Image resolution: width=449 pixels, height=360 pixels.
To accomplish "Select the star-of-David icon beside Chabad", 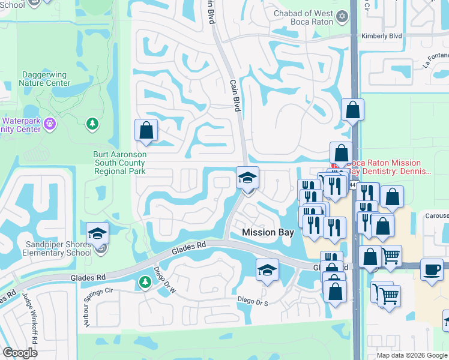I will (x=342, y=15).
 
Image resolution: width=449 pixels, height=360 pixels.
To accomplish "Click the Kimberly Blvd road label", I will (x=381, y=36).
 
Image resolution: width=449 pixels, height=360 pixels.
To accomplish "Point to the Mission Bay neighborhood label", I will (x=267, y=232).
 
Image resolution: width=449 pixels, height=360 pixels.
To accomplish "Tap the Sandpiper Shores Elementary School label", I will (x=59, y=248).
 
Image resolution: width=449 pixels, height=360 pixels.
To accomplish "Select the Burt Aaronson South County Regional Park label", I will (x=120, y=163).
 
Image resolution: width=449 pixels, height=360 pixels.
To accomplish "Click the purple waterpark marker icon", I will (x=50, y=124).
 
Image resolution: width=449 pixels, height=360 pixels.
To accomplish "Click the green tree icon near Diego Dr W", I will (x=145, y=281).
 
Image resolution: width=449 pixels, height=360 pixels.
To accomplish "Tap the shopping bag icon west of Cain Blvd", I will (x=146, y=130).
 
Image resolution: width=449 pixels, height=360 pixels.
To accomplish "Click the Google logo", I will (x=20, y=353).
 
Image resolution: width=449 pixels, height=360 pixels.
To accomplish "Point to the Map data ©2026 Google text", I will (x=412, y=355).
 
